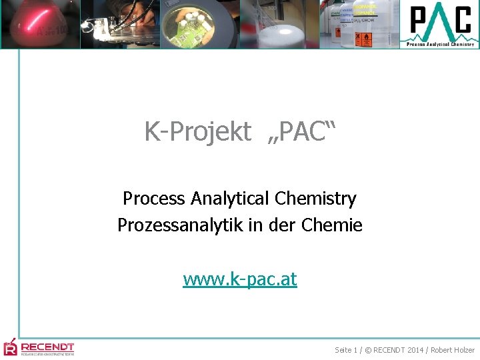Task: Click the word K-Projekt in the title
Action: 197,133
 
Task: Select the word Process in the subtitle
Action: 155,199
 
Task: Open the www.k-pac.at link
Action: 240,279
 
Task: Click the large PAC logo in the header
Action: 440,22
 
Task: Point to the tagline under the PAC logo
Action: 440,45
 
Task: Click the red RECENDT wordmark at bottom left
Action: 47,347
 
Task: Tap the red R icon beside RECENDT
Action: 10,347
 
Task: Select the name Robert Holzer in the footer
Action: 453,350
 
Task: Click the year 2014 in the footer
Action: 415,350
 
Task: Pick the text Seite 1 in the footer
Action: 347,350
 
